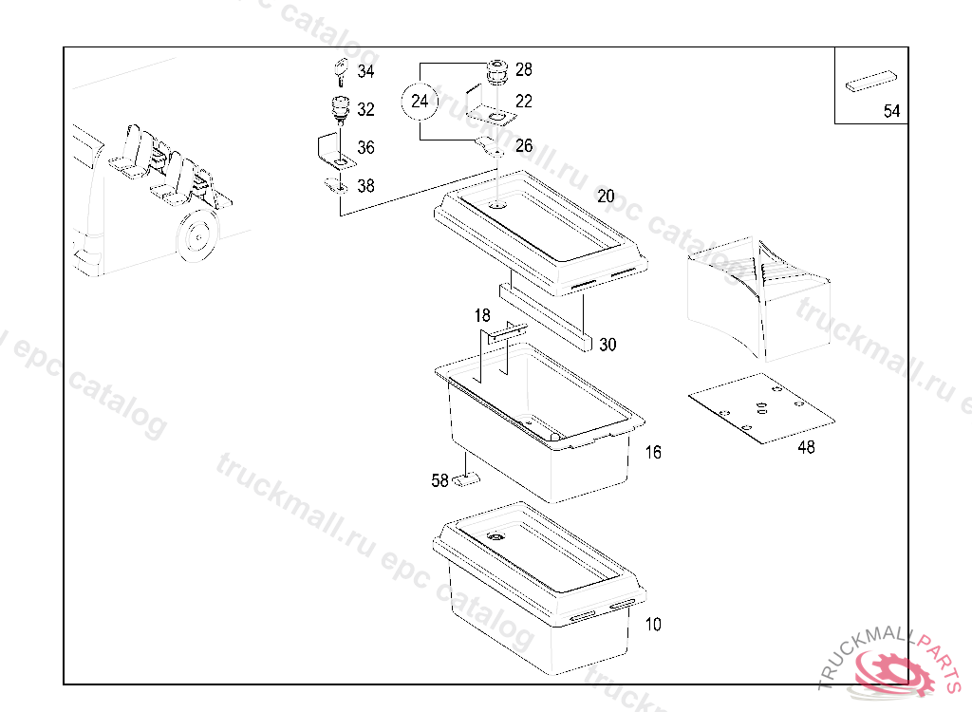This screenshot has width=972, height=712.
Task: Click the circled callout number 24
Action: [420, 101]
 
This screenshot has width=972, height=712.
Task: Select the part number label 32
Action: [365, 110]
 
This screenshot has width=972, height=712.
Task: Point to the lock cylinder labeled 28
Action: [495, 70]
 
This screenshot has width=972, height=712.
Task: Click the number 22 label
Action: [524, 102]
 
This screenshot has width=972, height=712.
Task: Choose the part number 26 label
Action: [524, 146]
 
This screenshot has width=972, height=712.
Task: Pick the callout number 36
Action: [365, 148]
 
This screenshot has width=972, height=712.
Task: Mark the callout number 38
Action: [365, 186]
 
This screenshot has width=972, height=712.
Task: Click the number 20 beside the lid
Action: [606, 197]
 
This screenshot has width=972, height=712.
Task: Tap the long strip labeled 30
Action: [546, 314]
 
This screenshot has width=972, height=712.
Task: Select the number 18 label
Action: [482, 315]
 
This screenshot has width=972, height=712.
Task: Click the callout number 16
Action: [653, 453]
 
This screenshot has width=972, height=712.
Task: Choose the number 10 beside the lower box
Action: [653, 625]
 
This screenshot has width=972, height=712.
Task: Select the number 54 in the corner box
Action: [891, 111]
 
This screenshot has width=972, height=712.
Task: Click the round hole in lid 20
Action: [499, 204]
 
